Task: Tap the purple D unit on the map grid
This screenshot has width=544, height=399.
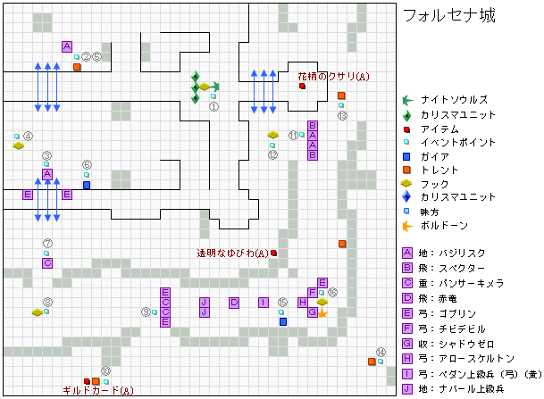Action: tap(234, 303)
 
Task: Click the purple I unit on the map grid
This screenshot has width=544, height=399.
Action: tap(263, 303)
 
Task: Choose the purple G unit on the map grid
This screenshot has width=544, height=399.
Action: tap(312, 312)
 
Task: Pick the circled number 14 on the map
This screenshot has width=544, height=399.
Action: tap(381, 352)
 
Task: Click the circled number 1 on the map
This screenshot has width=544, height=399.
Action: tap(214, 105)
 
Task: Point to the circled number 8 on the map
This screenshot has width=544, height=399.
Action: tap(47, 303)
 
